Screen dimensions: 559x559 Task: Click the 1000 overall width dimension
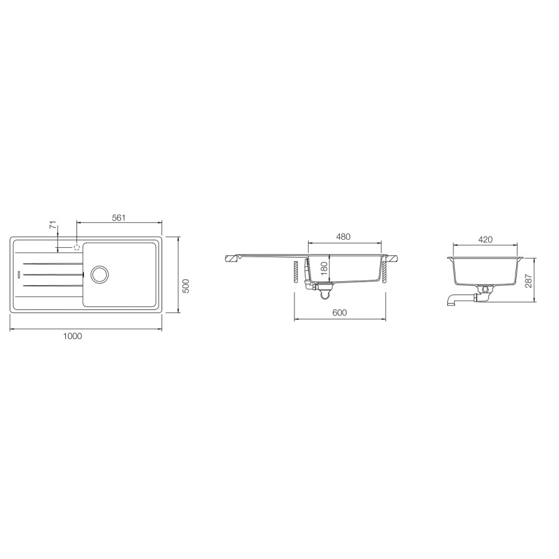(x=73, y=336)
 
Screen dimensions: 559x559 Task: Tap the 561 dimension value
(x=119, y=217)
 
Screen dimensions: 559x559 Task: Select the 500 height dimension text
(x=186, y=286)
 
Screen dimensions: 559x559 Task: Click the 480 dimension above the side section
(x=343, y=237)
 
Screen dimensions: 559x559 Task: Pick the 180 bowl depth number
(x=324, y=268)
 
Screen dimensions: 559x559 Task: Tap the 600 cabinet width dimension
(x=339, y=312)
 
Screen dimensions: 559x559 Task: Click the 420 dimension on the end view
(x=485, y=240)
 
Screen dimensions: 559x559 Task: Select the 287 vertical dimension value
(x=529, y=281)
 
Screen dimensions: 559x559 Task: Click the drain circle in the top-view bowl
(x=99, y=274)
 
